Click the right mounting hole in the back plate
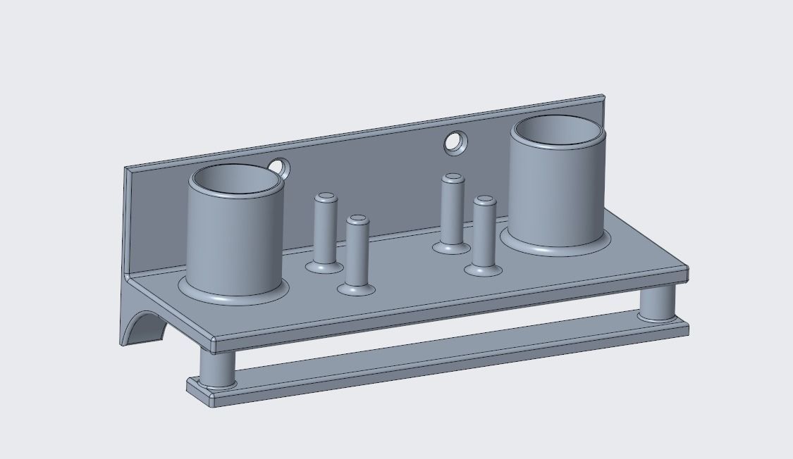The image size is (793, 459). click(x=455, y=143)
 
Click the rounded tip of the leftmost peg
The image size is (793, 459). click(x=325, y=198)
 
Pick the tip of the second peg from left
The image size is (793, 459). click(x=357, y=220)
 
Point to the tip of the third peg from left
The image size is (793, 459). click(x=453, y=178)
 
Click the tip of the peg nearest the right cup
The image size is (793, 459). click(x=484, y=201)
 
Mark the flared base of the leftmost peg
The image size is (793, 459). click(x=324, y=267)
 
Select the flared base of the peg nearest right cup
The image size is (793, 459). click(x=484, y=269)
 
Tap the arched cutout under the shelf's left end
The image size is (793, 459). click(x=145, y=328)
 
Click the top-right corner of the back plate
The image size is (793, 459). click(x=603, y=97)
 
